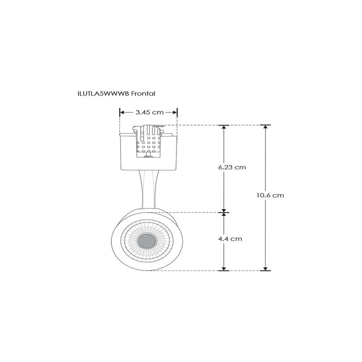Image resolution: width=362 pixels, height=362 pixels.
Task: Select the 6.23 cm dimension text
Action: coord(232,167)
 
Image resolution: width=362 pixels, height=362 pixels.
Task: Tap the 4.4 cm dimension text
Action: coord(230,239)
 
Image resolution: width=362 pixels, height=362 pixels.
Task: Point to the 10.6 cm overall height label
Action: coord(270,195)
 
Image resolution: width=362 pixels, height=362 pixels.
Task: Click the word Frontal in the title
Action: coord(143,94)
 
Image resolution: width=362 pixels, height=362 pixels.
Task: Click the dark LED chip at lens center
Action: coord(147,241)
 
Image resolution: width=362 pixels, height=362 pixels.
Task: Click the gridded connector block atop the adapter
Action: coord(149,141)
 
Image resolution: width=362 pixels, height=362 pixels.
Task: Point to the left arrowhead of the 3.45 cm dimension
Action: coord(122,112)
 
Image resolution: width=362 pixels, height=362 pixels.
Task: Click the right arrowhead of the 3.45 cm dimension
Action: coord(175,112)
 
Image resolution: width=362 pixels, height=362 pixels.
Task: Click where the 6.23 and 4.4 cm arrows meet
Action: coord(224,212)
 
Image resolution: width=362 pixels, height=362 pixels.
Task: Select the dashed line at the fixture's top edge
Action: coord(195,125)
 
